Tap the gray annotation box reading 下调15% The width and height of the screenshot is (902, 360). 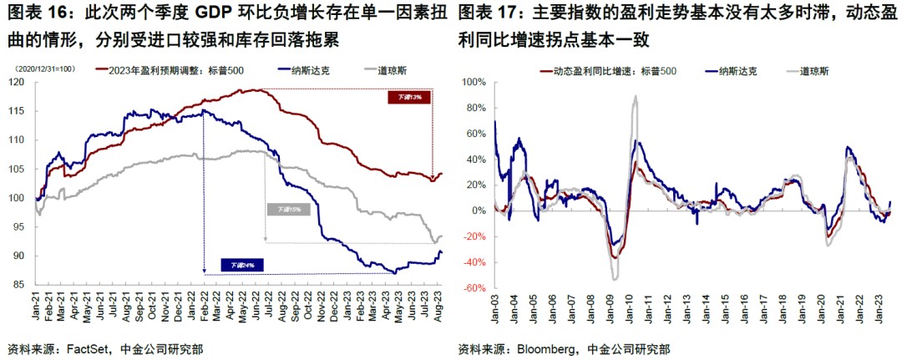click(285, 209)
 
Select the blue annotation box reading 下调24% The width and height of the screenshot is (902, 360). click(243, 266)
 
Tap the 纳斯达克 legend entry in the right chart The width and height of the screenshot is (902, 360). click(737, 70)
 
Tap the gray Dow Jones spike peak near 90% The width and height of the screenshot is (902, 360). click(636, 96)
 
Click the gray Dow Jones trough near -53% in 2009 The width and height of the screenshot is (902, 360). click(615, 278)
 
